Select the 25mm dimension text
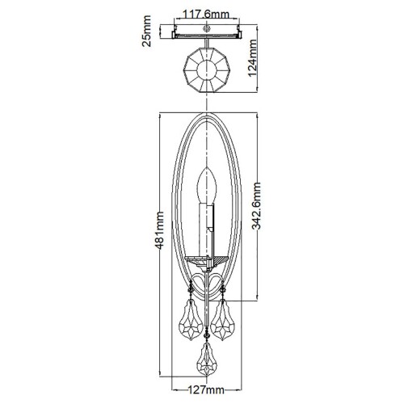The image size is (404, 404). [x=146, y=35]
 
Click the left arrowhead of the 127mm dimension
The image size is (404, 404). [x=166, y=380]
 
